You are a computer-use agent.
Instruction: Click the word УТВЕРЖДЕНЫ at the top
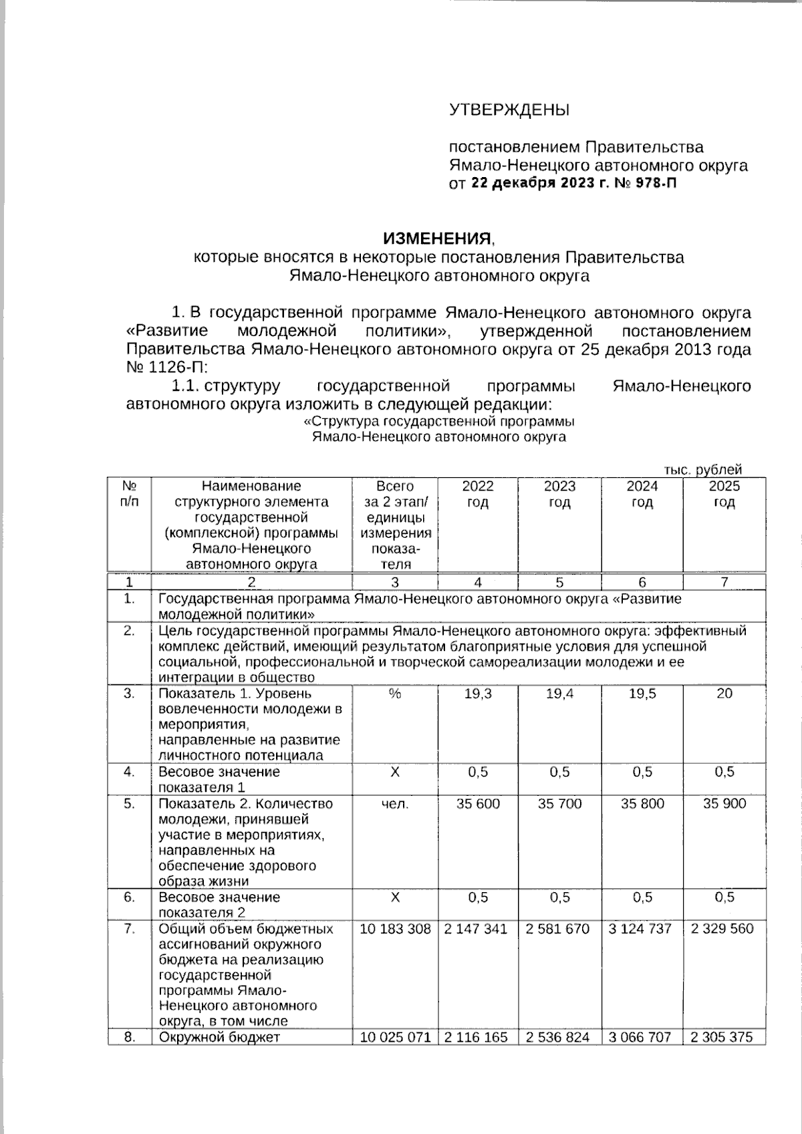509,110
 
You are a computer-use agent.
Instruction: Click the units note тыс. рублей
702,470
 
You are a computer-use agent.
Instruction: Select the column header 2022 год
478,494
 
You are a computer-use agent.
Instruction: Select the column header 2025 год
724,494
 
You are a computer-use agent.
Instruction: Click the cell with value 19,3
478,694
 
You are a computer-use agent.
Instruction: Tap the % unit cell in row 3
394,694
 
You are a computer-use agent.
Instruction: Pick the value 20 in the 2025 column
724,694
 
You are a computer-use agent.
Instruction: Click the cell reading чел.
394,804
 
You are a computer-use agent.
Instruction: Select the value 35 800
642,804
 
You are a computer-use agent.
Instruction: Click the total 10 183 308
395,929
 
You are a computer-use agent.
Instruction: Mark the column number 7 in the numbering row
724,582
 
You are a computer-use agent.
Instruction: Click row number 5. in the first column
130,804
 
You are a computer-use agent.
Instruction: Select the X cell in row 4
394,772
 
